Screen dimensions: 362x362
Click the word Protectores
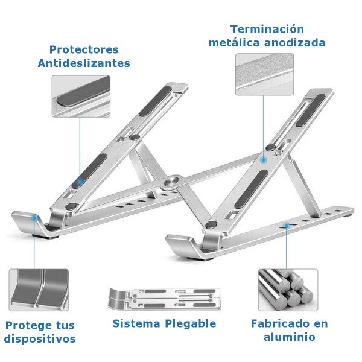click(x=84, y=49)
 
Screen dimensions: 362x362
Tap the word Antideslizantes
click(x=84, y=63)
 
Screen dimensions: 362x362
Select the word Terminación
click(x=267, y=29)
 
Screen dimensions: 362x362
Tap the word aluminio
click(x=289, y=337)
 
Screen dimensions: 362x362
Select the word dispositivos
click(x=40, y=338)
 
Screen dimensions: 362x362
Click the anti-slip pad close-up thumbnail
click(x=81, y=96)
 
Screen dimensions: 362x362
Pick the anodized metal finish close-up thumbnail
click(x=264, y=74)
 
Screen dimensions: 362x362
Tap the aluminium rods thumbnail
click(x=288, y=290)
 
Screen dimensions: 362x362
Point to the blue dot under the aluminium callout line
click(x=286, y=225)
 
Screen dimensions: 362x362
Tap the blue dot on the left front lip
click(x=34, y=217)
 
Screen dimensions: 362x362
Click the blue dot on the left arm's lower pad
click(x=77, y=181)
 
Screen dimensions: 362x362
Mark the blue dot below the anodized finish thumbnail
click(x=263, y=160)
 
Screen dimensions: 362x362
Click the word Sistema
click(x=136, y=323)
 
